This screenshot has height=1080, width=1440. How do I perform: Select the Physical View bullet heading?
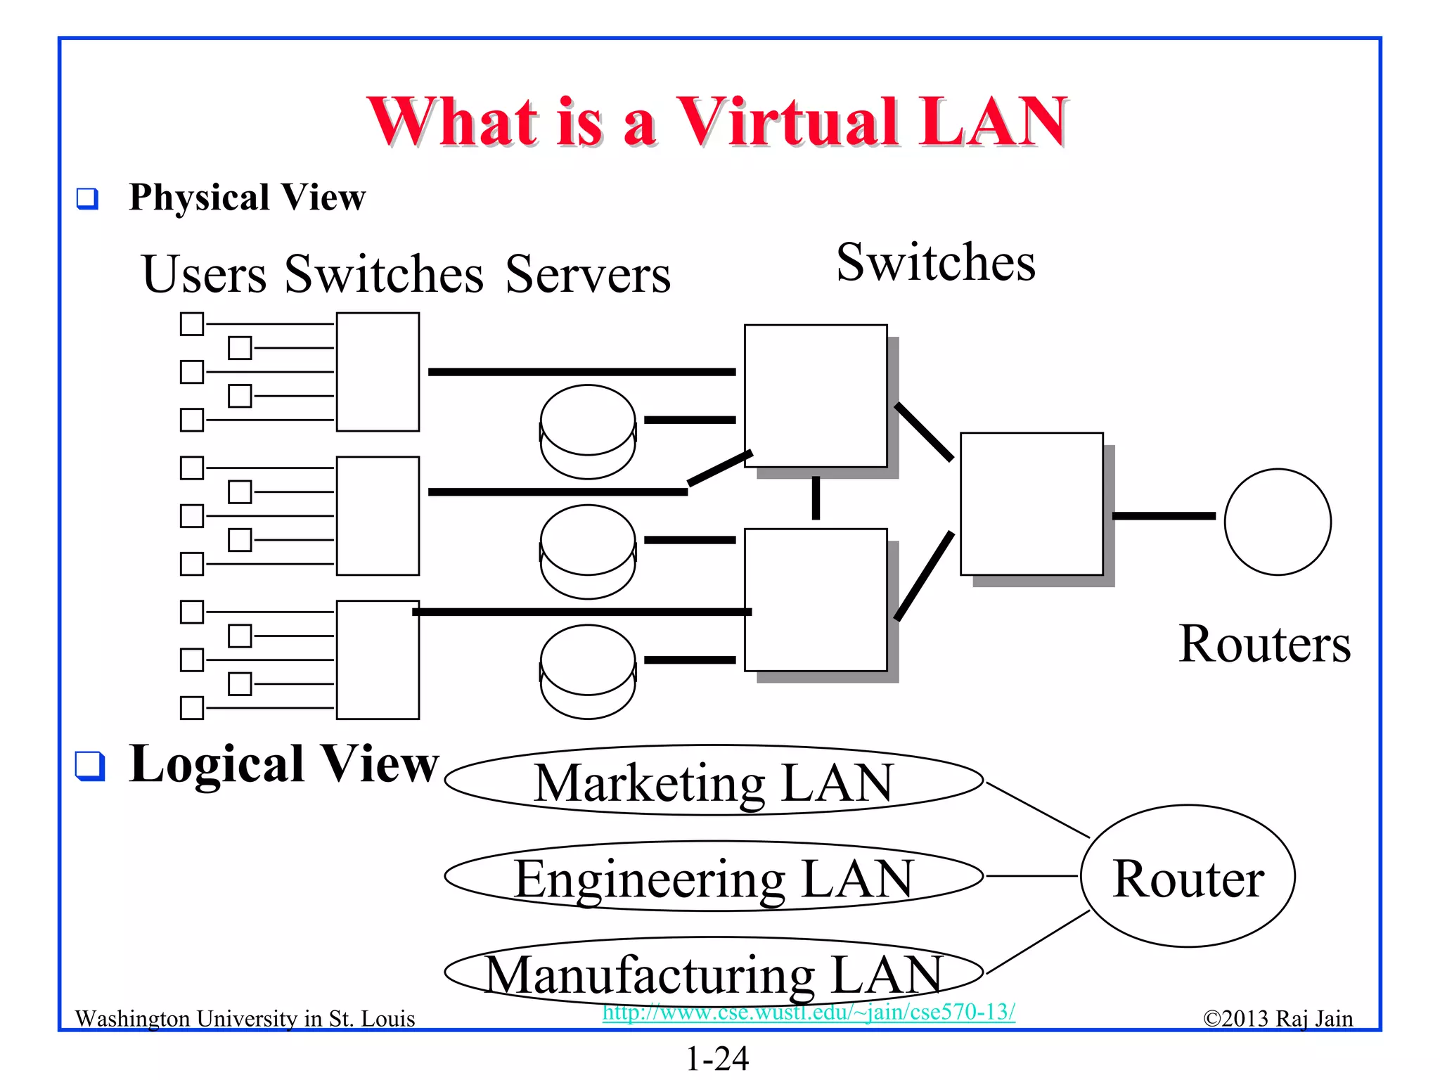(x=247, y=197)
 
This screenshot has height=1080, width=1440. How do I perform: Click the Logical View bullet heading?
(x=283, y=764)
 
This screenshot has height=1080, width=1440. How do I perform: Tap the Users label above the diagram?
(x=204, y=274)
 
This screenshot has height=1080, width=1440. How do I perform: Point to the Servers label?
(x=588, y=274)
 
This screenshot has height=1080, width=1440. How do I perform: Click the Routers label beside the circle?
(x=1264, y=643)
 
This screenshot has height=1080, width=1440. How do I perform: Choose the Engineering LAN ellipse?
(x=713, y=877)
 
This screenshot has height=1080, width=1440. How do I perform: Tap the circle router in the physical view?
(x=1277, y=522)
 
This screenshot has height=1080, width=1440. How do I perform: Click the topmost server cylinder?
(x=588, y=430)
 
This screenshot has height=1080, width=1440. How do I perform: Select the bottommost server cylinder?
(x=588, y=671)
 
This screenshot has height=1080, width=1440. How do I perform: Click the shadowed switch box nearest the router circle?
(x=1031, y=504)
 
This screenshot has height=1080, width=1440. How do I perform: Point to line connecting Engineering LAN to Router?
(x=1031, y=876)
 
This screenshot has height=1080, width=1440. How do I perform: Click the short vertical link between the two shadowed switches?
(x=816, y=498)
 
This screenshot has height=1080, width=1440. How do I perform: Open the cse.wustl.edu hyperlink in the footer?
(x=809, y=1012)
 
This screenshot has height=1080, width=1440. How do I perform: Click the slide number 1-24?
(x=717, y=1059)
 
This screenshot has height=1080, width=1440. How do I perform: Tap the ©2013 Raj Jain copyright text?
(x=1278, y=1019)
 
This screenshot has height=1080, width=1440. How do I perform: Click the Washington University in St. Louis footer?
(x=245, y=1019)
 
